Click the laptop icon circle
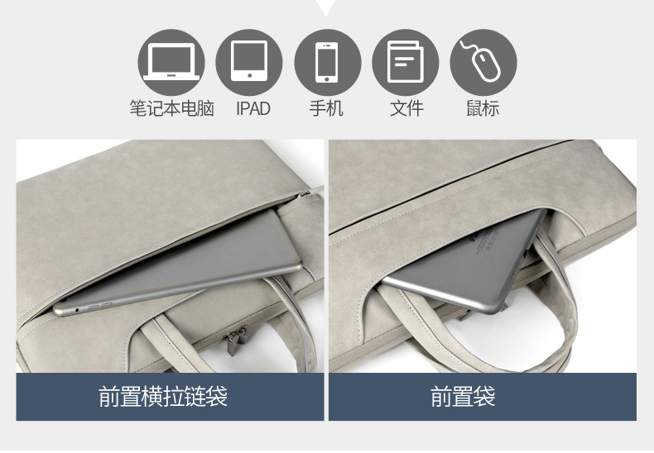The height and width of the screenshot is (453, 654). (x=171, y=63)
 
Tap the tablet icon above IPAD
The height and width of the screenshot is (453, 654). (x=249, y=63)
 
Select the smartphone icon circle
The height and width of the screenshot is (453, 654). (x=328, y=63)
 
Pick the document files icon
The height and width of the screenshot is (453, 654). (x=406, y=63)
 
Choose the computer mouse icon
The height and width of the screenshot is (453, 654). (x=483, y=63)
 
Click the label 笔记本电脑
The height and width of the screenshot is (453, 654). (x=171, y=108)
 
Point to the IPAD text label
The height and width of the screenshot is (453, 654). (x=253, y=108)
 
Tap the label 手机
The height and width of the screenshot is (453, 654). (x=326, y=108)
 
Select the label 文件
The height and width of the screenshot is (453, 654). (x=406, y=108)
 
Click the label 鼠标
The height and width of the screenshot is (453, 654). (x=483, y=108)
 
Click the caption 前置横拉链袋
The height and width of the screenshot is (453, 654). (x=163, y=397)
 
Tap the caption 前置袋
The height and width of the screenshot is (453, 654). (x=463, y=397)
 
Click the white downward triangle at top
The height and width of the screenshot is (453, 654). (x=326, y=7)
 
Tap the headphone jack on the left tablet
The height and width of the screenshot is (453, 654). (x=77, y=310)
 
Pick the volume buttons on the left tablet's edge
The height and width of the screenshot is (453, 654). (x=99, y=306)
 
